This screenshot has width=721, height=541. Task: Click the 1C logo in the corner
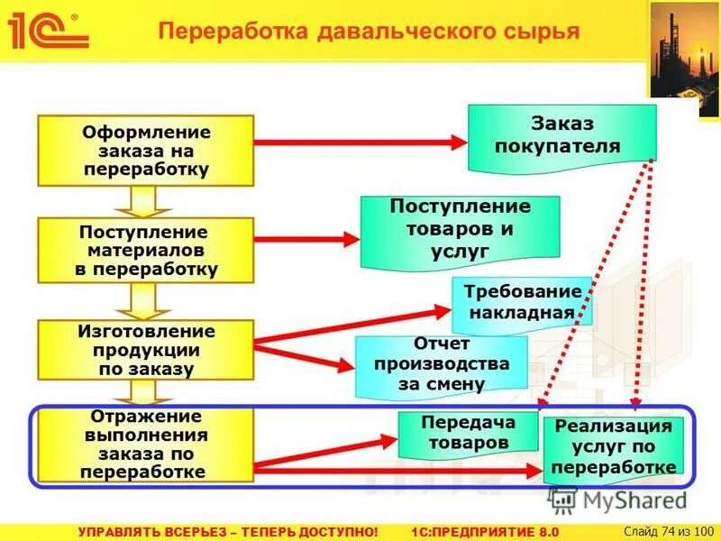pos(47,30)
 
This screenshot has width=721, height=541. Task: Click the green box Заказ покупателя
pos(561,137)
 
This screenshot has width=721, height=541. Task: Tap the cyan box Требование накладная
pos(521,302)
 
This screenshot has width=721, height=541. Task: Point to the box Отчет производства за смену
pos(441,365)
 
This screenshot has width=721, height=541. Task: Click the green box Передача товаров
pos(455,433)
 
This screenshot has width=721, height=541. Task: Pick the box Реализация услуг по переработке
pos(613,447)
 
